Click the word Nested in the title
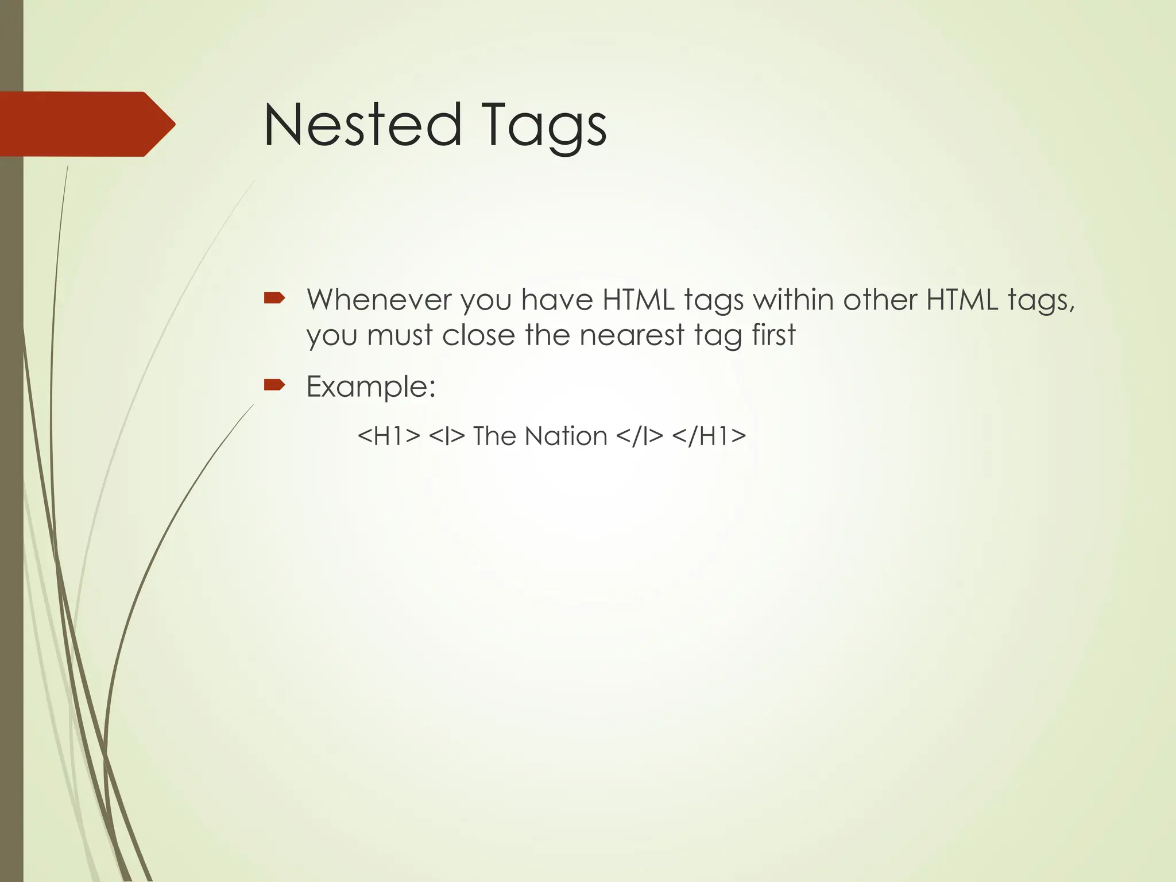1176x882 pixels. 362,125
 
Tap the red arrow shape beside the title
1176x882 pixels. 86,124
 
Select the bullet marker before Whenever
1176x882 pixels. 274,298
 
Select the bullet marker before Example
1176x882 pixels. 274,385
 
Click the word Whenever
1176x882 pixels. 379,299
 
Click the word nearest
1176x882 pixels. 632,335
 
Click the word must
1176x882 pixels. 400,335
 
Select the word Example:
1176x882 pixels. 371,386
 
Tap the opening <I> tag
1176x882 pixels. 446,436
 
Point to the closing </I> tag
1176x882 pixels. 639,436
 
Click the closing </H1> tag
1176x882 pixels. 709,436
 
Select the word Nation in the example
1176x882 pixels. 566,436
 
